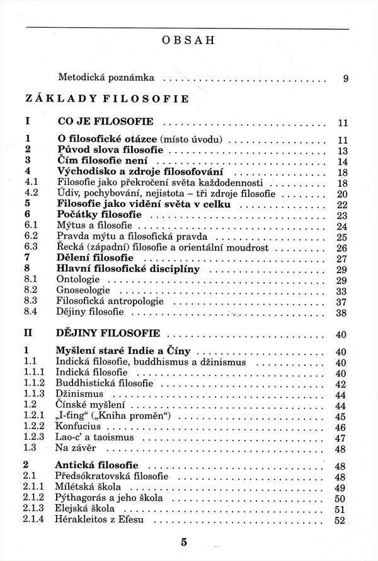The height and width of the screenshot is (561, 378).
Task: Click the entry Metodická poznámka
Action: (106, 79)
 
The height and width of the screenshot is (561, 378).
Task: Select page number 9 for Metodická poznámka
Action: (346, 80)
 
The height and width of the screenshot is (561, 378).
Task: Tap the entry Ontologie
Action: (77, 280)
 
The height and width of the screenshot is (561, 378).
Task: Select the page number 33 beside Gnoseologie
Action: (342, 291)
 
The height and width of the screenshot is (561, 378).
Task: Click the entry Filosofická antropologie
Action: (110, 302)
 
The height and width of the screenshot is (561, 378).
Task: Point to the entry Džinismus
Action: (79, 394)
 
